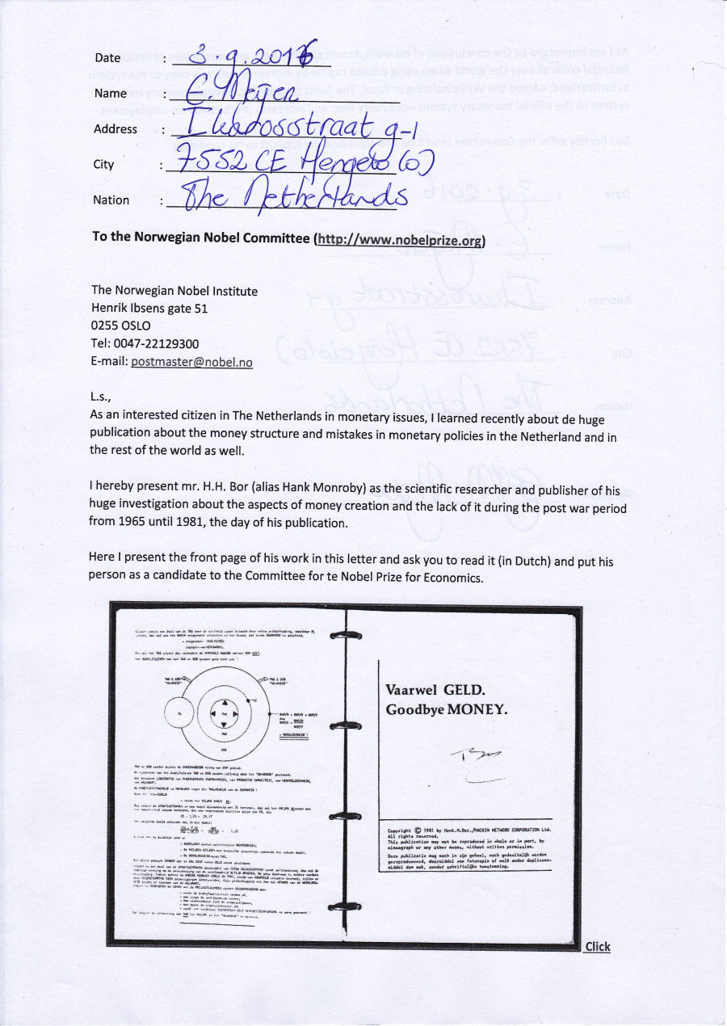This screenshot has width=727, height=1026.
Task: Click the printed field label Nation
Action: [111, 200]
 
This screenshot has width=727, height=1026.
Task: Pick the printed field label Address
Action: [115, 129]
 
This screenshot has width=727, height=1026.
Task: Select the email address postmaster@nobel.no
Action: [203, 362]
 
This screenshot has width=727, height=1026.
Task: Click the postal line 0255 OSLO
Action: [121, 326]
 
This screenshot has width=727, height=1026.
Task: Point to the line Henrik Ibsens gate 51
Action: [150, 309]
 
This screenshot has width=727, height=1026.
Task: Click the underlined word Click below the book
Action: [598, 947]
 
